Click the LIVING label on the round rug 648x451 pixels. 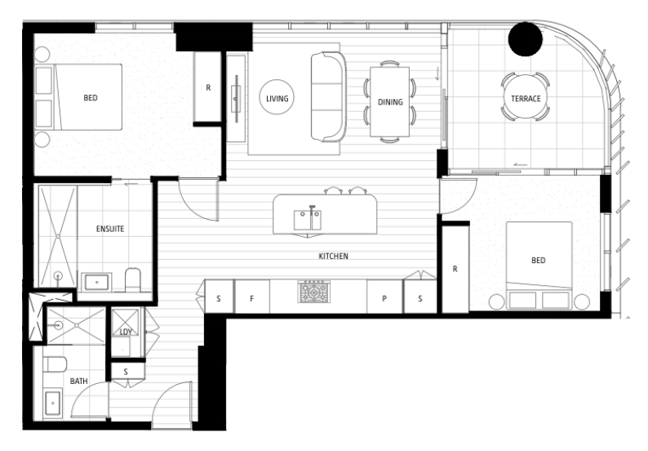pos(277,99)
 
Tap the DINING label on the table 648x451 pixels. pos(390,102)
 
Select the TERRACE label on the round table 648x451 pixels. pos(526,99)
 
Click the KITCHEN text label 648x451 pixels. pos(333,256)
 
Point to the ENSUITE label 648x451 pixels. pos(110,229)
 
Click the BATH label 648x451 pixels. pos(78,381)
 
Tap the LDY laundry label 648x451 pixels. pos(126,332)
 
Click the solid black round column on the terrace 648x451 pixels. pos(526,39)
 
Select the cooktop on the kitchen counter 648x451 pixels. pos(313,292)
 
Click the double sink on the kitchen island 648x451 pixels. pos(308,220)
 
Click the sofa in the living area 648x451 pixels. pos(329,96)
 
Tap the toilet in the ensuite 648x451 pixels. pos(133,279)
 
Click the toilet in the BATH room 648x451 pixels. pos(55,364)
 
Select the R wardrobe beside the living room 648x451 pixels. pos(208,87)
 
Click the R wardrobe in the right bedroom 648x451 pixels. pos(455,269)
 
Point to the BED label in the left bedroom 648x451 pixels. pos(91,98)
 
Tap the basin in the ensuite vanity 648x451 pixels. pos(96,283)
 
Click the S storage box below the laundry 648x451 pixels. pos(126,372)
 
